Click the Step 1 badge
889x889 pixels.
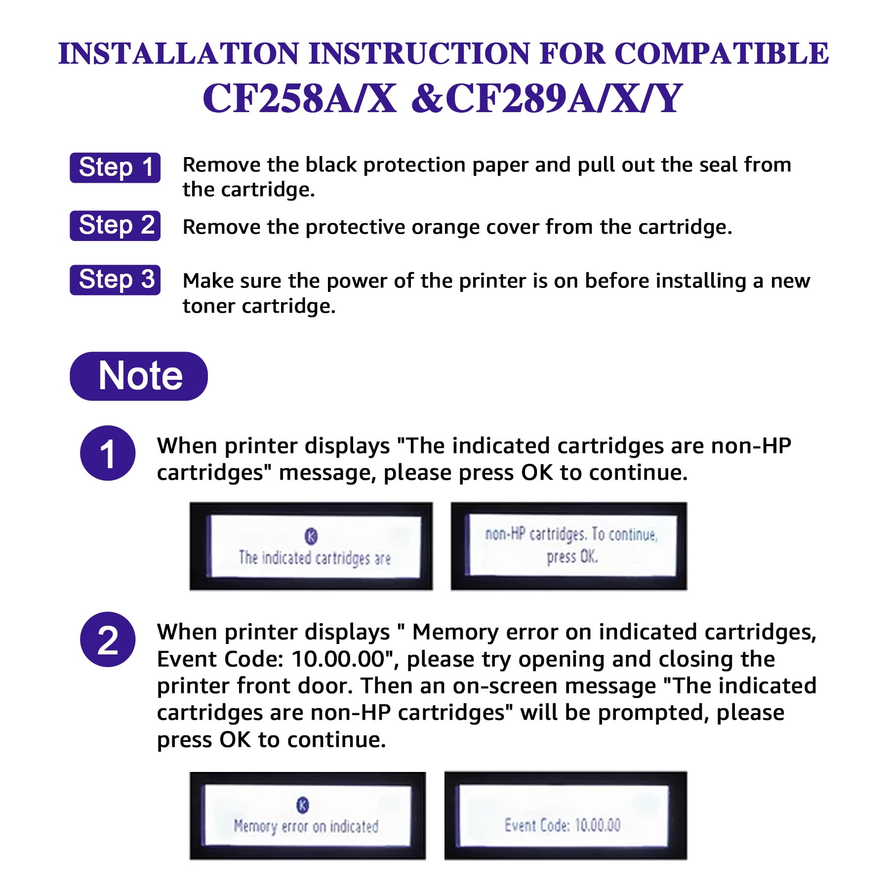pos(115,168)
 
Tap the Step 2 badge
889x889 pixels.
pos(115,226)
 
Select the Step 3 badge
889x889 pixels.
pos(115,280)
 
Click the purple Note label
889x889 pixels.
pos(139,376)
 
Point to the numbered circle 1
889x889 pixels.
pos(108,453)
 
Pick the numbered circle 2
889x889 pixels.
pos(108,640)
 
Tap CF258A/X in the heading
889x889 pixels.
pos(300,98)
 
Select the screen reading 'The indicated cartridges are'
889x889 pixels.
pos(311,546)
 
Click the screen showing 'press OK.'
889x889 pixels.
pos(569,546)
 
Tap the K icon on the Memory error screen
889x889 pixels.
pos(303,805)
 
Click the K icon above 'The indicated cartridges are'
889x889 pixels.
pos(311,536)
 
